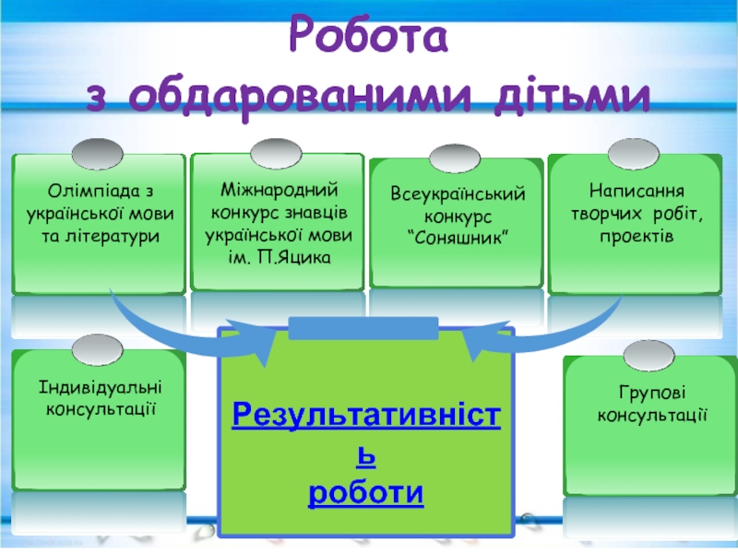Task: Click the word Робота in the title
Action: (369, 37)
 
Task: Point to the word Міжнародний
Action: (280, 188)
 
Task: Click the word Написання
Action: (637, 192)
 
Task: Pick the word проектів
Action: (637, 237)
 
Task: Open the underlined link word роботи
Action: (366, 493)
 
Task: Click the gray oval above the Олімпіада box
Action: (97, 150)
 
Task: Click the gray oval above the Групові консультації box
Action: (649, 351)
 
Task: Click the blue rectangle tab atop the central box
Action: (363, 327)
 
